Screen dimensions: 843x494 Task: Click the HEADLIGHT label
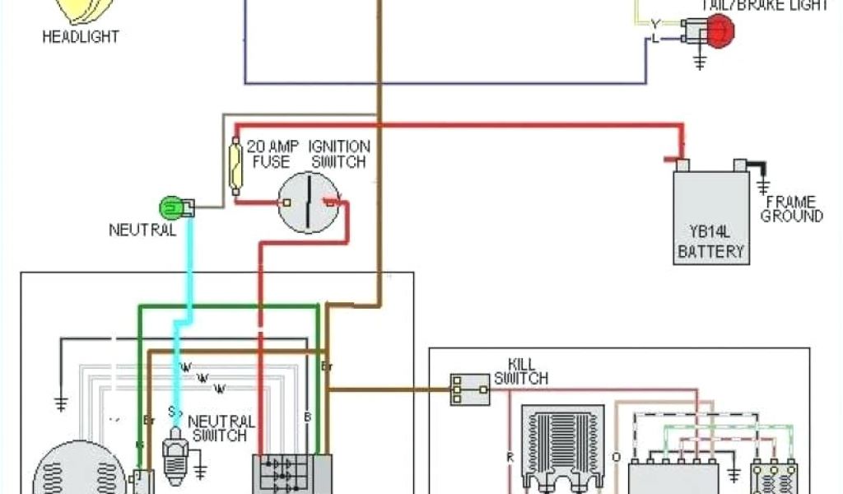pos(80,37)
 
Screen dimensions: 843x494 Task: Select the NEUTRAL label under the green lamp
pos(142,231)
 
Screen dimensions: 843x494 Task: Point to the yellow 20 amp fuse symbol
pos(236,165)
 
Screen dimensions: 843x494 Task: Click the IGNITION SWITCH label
pos(339,154)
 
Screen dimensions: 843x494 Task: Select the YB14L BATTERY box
pos(711,217)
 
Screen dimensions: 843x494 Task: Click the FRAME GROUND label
pos(791,209)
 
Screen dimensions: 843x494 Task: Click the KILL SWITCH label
pos(520,371)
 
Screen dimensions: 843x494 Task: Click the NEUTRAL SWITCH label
pos(221,428)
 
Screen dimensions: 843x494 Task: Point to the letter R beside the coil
pos(510,454)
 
